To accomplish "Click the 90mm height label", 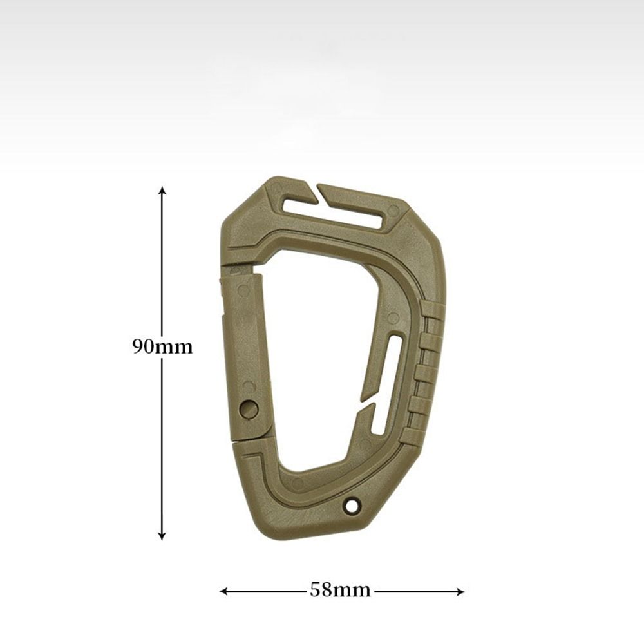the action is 162,347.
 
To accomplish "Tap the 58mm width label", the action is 340,590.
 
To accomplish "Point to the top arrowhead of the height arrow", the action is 163,190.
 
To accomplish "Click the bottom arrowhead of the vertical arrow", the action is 162,536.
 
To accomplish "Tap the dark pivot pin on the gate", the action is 249,409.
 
